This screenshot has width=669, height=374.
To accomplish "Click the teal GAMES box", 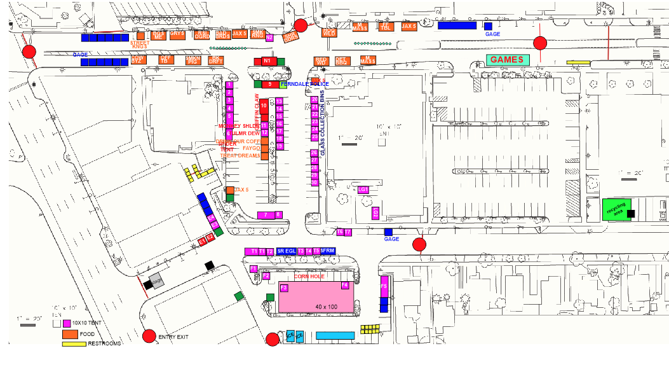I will pyautogui.click(x=508, y=60).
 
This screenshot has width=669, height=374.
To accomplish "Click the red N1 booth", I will pyautogui.click(x=267, y=61).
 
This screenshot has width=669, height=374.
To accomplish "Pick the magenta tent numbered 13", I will pyautogui.click(x=279, y=101).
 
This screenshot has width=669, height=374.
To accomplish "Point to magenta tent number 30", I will pyautogui.click(x=314, y=183).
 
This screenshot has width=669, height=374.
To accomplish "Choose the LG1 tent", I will pyautogui.click(x=363, y=190).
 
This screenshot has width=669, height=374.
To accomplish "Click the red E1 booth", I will pyautogui.click(x=202, y=242).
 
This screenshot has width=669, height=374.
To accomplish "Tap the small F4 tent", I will pyautogui.click(x=345, y=286).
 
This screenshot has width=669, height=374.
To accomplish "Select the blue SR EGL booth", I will pyautogui.click(x=287, y=251).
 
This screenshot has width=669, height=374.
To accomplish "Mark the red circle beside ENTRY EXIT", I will pyautogui.click(x=149, y=336).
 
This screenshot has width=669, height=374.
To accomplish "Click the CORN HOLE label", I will pyautogui.click(x=309, y=277).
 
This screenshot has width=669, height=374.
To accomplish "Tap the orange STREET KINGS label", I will pyautogui.click(x=140, y=45).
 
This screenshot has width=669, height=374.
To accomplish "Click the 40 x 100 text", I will pyautogui.click(x=326, y=307).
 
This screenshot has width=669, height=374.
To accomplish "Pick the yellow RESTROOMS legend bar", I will pyautogui.click(x=74, y=344).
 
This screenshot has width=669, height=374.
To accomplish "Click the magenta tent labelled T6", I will pyautogui.click(x=340, y=232).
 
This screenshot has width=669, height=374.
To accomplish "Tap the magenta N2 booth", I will pyautogui.click(x=269, y=38).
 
